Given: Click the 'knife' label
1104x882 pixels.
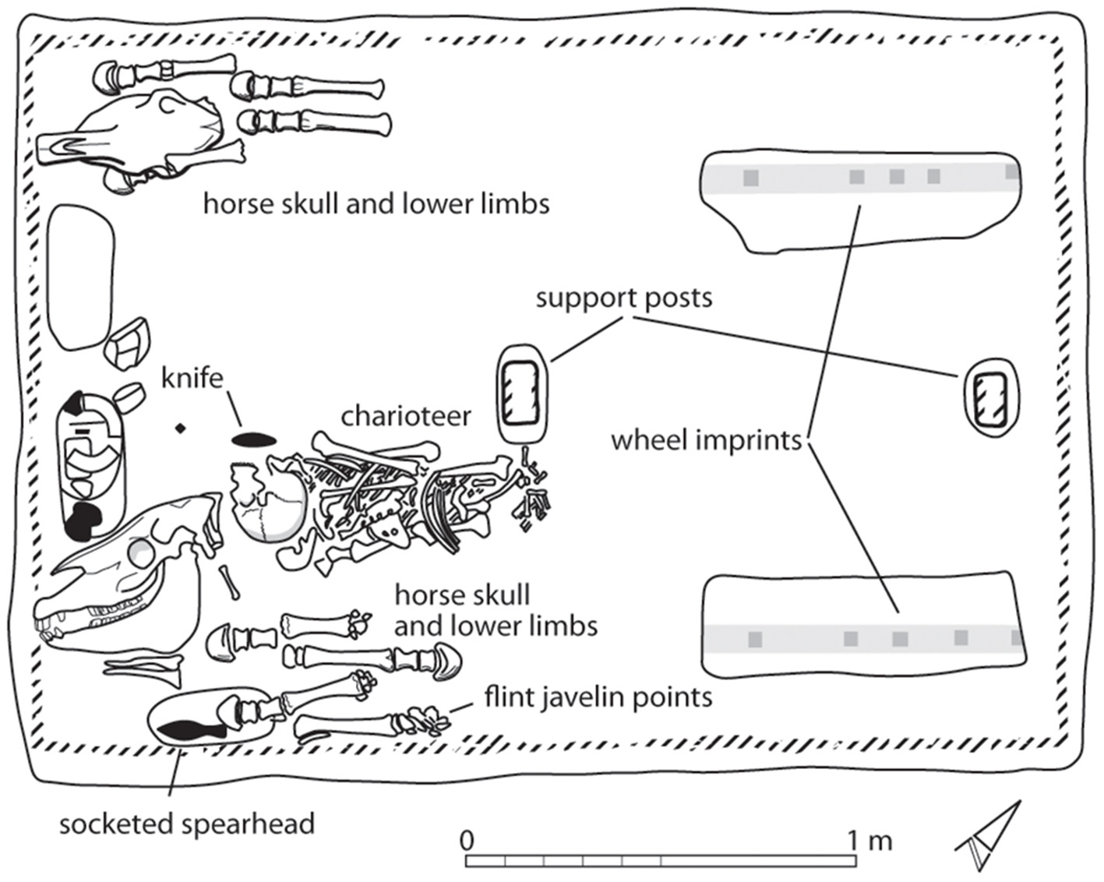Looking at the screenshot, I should pyautogui.click(x=192, y=378).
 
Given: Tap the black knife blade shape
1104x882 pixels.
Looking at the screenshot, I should pyautogui.click(x=255, y=440).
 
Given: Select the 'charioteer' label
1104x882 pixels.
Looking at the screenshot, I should pyautogui.click(x=406, y=416).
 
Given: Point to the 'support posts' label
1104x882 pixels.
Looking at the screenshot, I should pyautogui.click(x=623, y=298).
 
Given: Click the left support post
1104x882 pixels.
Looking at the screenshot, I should pyautogui.click(x=520, y=393).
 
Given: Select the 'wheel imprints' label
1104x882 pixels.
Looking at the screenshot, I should pyautogui.click(x=706, y=441).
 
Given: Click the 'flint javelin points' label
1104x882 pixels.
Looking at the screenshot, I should pyautogui.click(x=598, y=697).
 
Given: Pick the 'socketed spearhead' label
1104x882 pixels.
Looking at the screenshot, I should pyautogui.click(x=187, y=824).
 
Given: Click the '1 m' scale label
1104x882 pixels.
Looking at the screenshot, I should pyautogui.click(x=869, y=841).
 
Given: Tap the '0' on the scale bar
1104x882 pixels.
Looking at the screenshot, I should pyautogui.click(x=467, y=841).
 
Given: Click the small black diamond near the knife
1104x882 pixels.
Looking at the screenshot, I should pyautogui.click(x=181, y=428).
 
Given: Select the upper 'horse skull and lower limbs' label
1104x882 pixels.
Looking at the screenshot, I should pyautogui.click(x=376, y=204).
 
